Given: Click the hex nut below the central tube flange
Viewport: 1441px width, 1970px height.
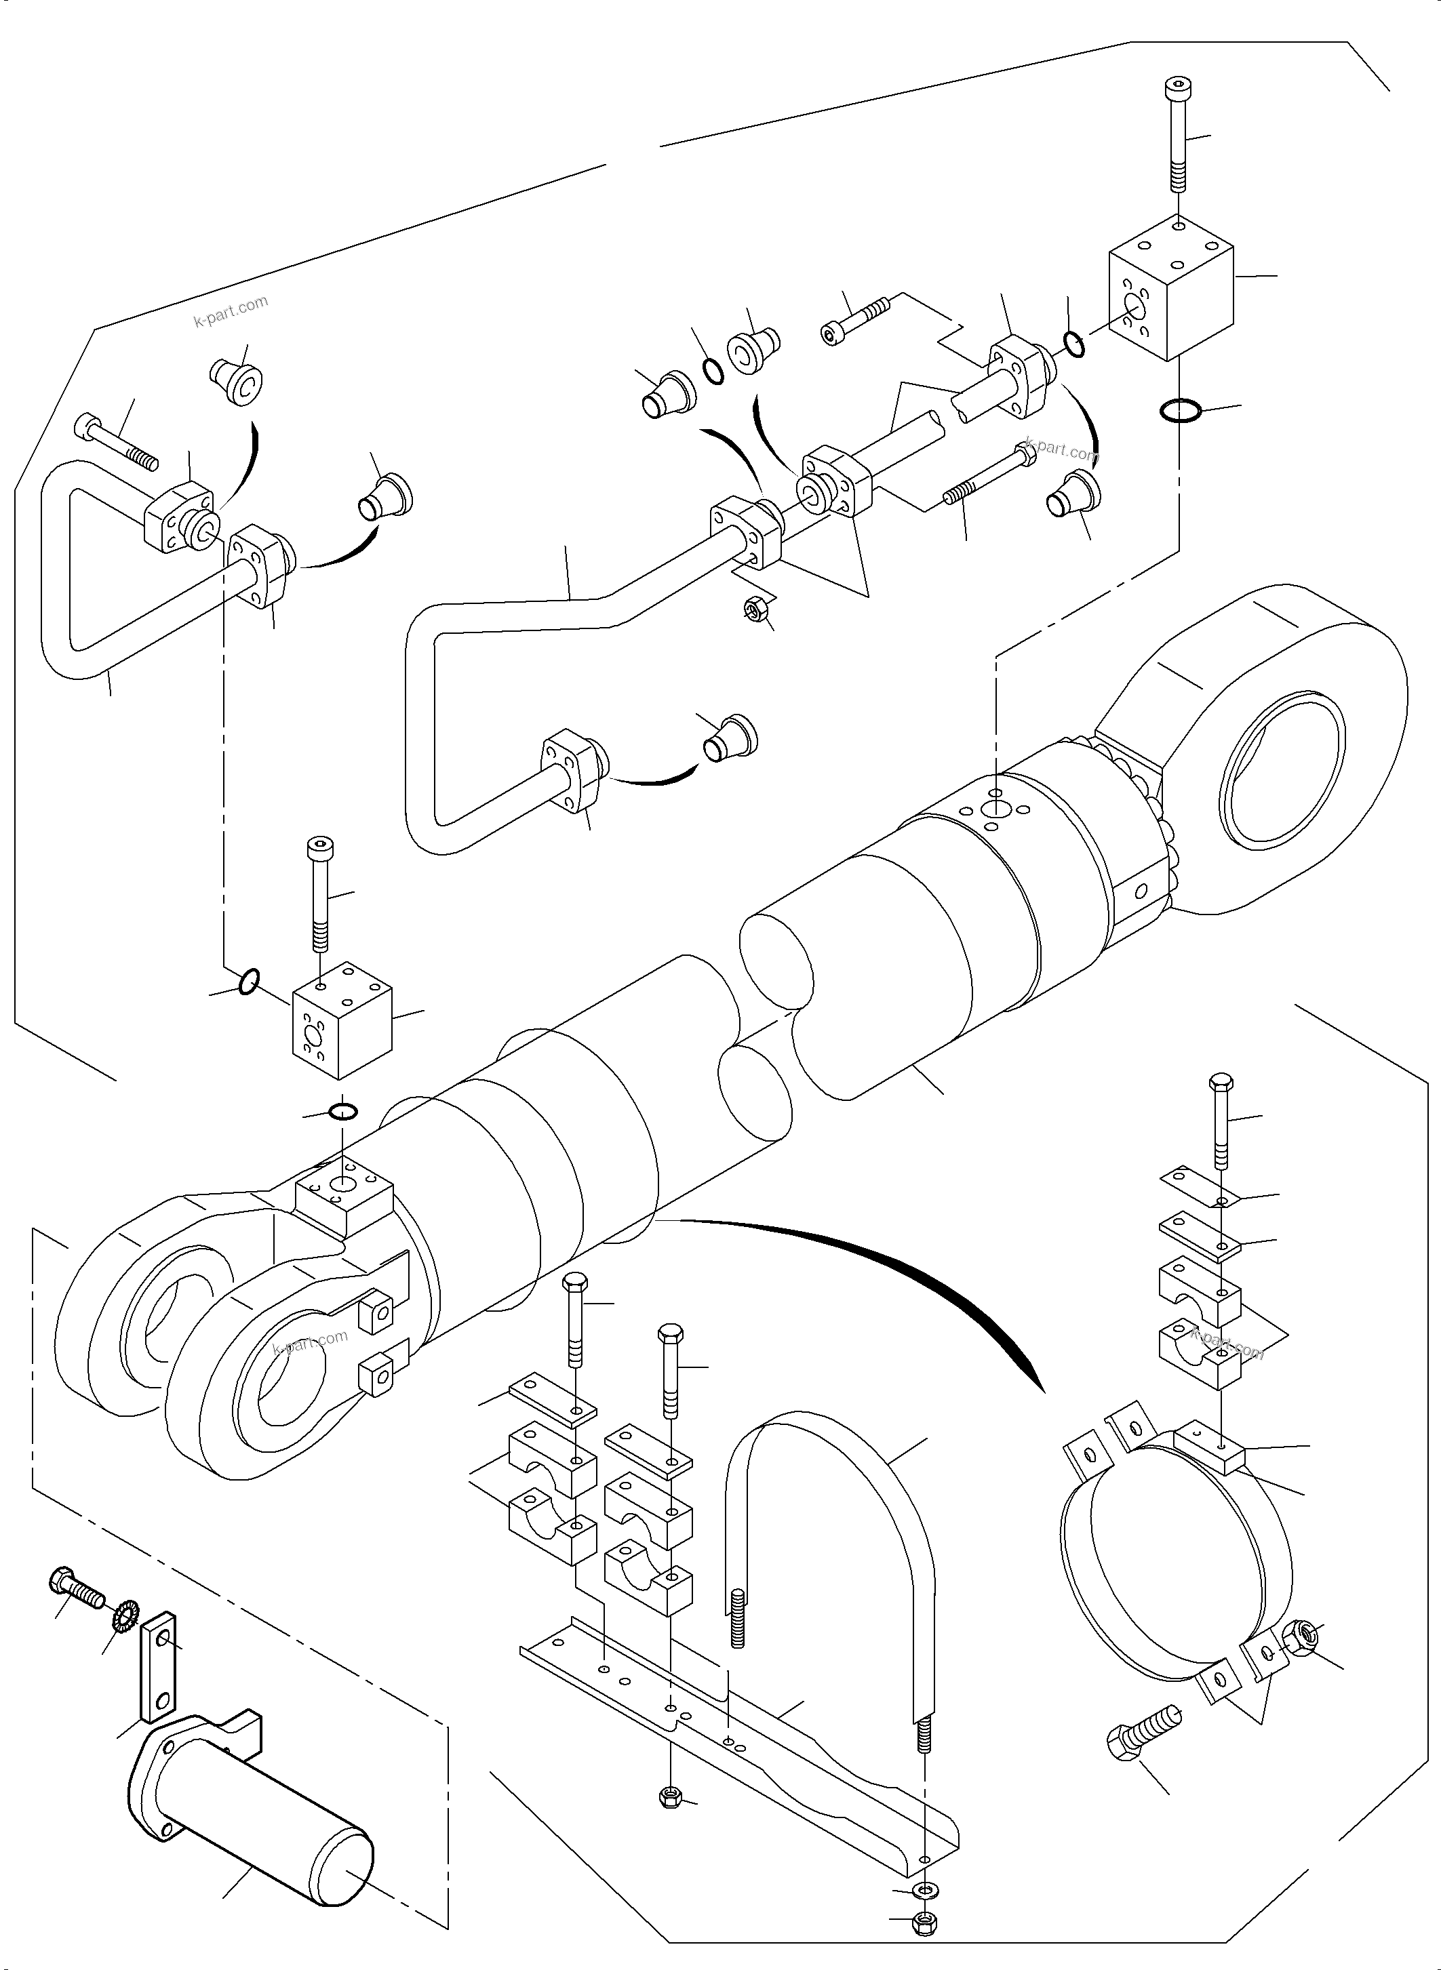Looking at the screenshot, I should pos(755,608).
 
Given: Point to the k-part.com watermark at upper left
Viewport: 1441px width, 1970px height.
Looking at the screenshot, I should pos(231,310).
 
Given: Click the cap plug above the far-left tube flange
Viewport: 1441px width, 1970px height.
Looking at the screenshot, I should pos(235,383).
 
